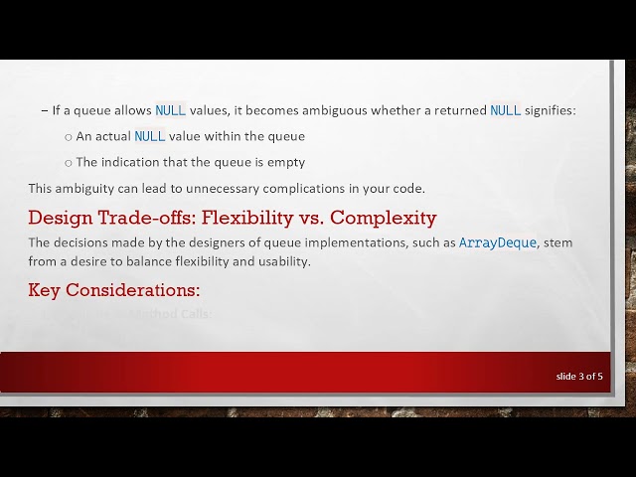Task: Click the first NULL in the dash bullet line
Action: (x=170, y=110)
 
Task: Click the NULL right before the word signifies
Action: (x=506, y=110)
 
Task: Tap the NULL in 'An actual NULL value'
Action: (x=149, y=136)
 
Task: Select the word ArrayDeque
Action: (x=497, y=242)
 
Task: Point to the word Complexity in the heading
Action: (x=383, y=218)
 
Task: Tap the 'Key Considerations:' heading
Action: (x=114, y=290)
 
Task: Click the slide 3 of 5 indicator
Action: (x=579, y=376)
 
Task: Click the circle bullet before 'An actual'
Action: (x=68, y=137)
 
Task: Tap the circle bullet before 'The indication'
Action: (x=68, y=163)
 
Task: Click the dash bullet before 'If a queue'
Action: (x=44, y=110)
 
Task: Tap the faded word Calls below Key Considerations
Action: (x=195, y=314)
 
